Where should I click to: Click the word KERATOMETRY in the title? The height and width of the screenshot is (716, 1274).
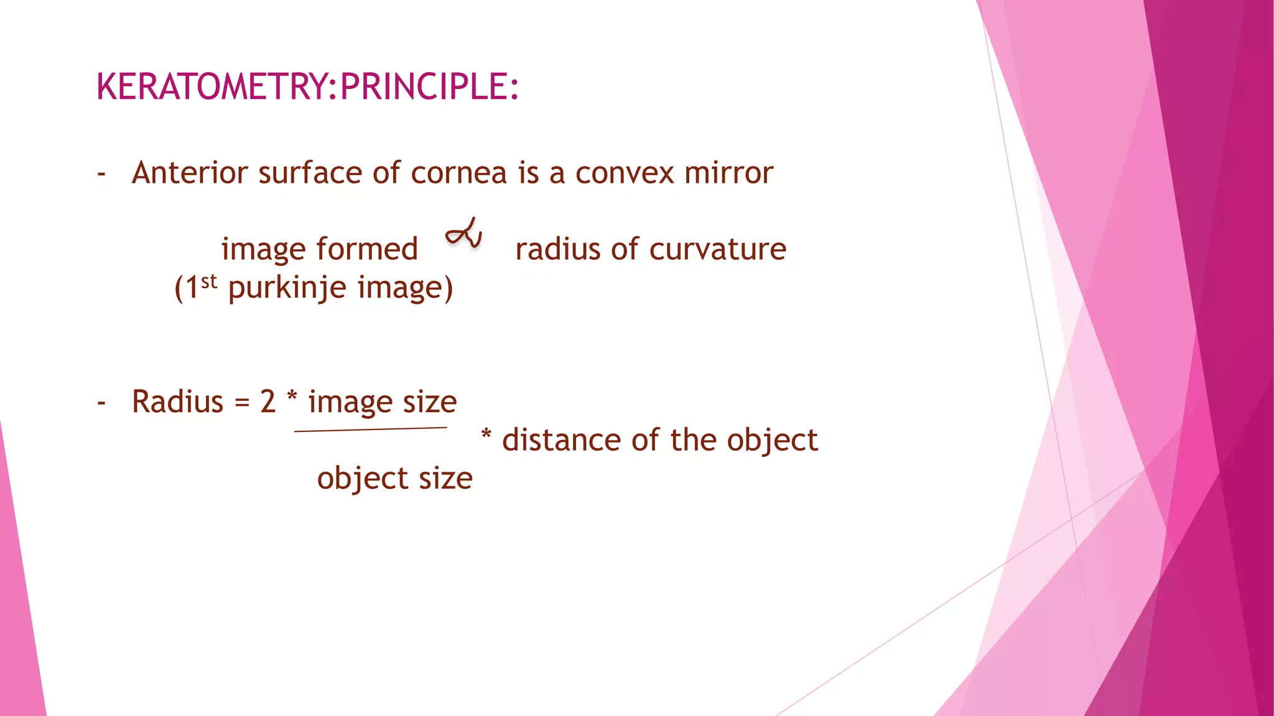pyautogui.click(x=212, y=86)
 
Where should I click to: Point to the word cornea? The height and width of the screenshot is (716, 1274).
pyautogui.click(x=459, y=173)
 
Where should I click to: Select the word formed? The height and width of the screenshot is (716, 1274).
pyautogui.click(x=367, y=249)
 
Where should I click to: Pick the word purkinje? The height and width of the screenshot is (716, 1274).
pyautogui.click(x=287, y=288)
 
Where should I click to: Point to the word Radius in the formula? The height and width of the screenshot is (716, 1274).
pyautogui.click(x=177, y=402)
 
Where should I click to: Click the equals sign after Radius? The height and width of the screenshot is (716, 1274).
pyautogui.click(x=241, y=403)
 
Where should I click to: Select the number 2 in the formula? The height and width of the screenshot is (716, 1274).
pyautogui.click(x=267, y=402)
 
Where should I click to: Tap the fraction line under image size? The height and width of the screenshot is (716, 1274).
pyautogui.click(x=370, y=429)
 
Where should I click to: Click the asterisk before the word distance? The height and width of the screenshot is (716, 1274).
pyautogui.click(x=486, y=435)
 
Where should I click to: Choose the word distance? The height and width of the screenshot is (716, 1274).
pyautogui.click(x=561, y=440)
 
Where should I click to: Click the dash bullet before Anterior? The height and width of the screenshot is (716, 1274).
pyautogui.click(x=101, y=174)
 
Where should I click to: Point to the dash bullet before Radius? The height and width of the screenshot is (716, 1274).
pyautogui.click(x=101, y=403)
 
